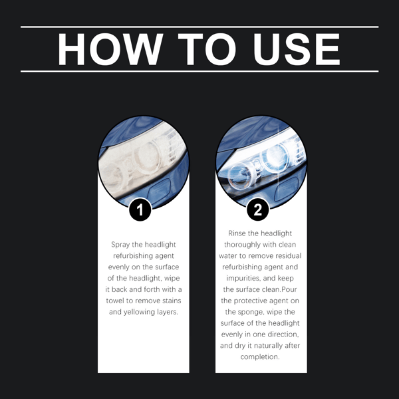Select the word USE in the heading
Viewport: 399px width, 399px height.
296,49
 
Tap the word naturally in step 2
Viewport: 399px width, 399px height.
264,345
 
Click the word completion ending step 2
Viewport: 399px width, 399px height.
260,356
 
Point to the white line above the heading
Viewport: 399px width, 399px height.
199,27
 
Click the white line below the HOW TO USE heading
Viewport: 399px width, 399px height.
199,70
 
